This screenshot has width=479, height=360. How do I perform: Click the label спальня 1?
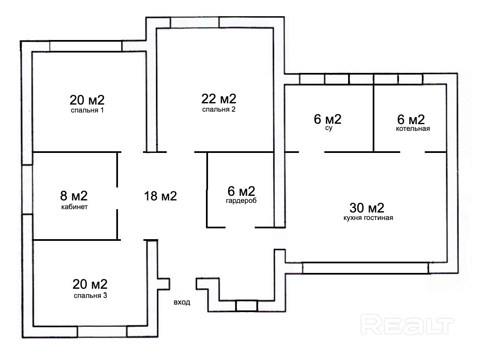[88, 110]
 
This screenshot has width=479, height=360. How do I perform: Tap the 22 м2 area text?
[219, 99]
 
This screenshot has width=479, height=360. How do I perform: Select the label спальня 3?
[90, 295]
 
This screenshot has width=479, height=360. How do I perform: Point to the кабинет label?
[75, 207]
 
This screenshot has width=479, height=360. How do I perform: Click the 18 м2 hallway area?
[161, 196]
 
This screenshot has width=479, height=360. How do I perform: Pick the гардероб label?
[241, 200]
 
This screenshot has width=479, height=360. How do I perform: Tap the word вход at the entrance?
[182, 302]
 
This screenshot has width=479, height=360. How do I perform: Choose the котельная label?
[413, 129]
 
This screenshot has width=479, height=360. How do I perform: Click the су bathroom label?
[329, 128]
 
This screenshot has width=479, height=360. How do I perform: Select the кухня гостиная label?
[368, 218]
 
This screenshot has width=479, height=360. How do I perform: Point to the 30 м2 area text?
[367, 208]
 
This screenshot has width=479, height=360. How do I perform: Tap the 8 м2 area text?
[74, 195]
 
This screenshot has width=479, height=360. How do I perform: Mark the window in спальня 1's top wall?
[86, 46]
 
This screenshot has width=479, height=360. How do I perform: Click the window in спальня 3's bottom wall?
[102, 332]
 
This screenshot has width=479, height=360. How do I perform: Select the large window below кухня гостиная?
[365, 268]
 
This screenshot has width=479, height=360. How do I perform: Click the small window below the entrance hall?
[247, 306]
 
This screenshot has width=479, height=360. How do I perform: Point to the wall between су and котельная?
[374, 118]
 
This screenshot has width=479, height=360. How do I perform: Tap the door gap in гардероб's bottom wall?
[240, 227]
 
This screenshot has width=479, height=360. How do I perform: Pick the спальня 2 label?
[219, 109]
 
